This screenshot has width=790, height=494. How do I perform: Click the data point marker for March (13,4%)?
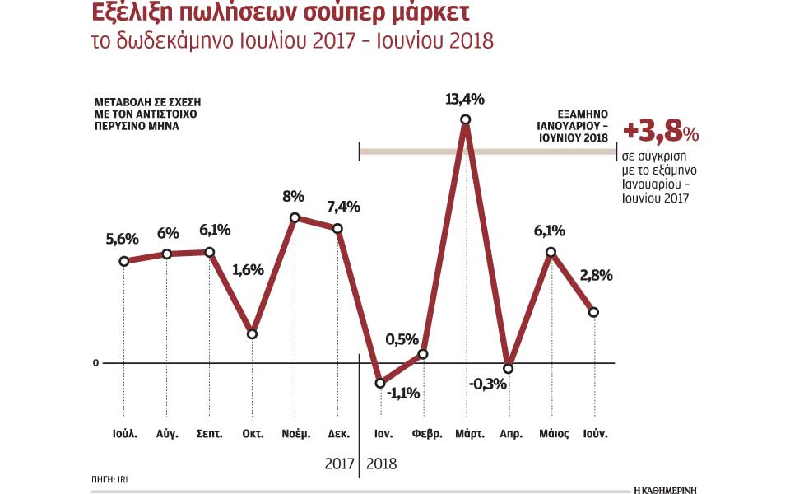pyautogui.click(x=466, y=119)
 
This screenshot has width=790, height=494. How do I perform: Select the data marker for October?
pyautogui.click(x=253, y=333)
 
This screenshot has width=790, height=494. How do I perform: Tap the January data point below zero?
pyautogui.click(x=380, y=383)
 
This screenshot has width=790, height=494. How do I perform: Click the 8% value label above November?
pyautogui.click(x=293, y=197)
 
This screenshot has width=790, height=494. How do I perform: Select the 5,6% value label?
pyautogui.click(x=123, y=239)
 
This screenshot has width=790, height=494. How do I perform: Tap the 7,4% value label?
pyautogui.click(x=344, y=207)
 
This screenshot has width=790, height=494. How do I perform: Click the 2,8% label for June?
pyautogui.click(x=595, y=276)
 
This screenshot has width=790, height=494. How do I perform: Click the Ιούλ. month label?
pyautogui.click(x=125, y=433)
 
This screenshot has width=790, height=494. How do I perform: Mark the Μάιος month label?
pyautogui.click(x=553, y=433)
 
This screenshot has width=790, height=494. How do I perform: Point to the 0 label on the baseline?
pyautogui.click(x=95, y=363)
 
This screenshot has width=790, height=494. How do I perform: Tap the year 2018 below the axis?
pyautogui.click(x=380, y=464)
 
